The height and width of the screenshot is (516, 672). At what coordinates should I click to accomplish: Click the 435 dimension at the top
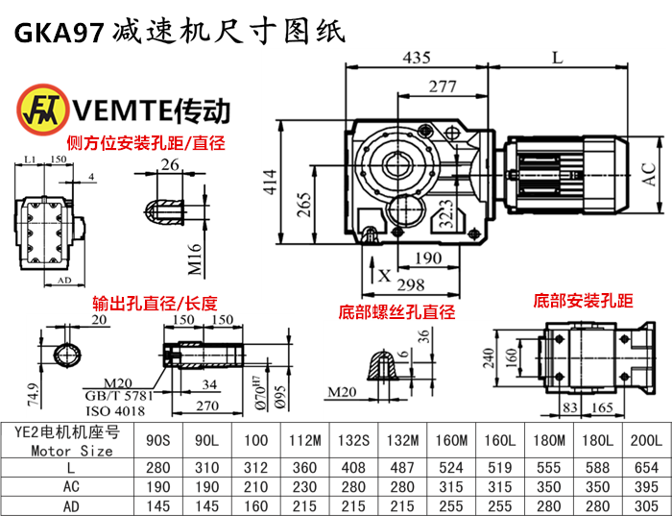(417, 58)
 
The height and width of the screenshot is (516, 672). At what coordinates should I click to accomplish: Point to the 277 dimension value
(443, 86)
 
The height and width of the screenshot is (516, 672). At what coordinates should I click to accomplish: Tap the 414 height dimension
(269, 183)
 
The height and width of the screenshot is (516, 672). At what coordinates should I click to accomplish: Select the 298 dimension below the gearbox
(411, 285)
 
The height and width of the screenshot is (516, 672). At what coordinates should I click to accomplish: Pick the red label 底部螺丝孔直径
(396, 312)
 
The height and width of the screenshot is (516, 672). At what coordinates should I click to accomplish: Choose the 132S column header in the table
(352, 441)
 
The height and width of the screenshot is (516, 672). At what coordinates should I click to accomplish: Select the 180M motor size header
(543, 441)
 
